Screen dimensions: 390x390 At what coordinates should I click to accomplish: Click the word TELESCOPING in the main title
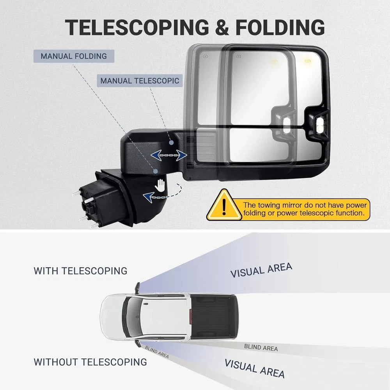coord(137,27)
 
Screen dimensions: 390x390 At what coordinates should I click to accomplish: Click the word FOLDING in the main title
coord(280,27)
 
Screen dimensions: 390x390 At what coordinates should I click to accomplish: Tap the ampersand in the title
coord(222,27)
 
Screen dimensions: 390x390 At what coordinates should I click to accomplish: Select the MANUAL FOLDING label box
coord(74,56)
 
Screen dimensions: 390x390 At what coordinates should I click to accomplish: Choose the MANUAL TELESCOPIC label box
coord(140,81)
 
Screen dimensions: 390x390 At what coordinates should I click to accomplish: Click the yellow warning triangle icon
coord(224,205)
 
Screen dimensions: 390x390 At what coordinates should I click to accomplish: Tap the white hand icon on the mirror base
coord(160,186)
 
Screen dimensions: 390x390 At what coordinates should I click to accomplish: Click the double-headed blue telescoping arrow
coord(169,155)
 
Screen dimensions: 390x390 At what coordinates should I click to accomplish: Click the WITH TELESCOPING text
coord(80,271)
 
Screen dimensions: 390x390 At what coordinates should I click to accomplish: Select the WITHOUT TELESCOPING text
coord(90,362)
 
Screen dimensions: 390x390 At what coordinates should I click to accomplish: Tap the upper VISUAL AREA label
coord(261,270)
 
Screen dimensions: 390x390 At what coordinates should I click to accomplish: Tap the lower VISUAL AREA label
coord(254,369)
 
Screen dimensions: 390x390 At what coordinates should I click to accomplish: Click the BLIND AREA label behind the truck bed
coord(261,347)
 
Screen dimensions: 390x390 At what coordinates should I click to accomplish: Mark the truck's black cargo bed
coord(214,317)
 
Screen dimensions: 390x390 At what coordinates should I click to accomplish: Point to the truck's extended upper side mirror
coord(138,288)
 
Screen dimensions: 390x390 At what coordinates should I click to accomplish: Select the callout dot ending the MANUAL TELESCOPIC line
coord(171,142)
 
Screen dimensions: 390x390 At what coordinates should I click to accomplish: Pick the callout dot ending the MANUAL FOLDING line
coord(156,171)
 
